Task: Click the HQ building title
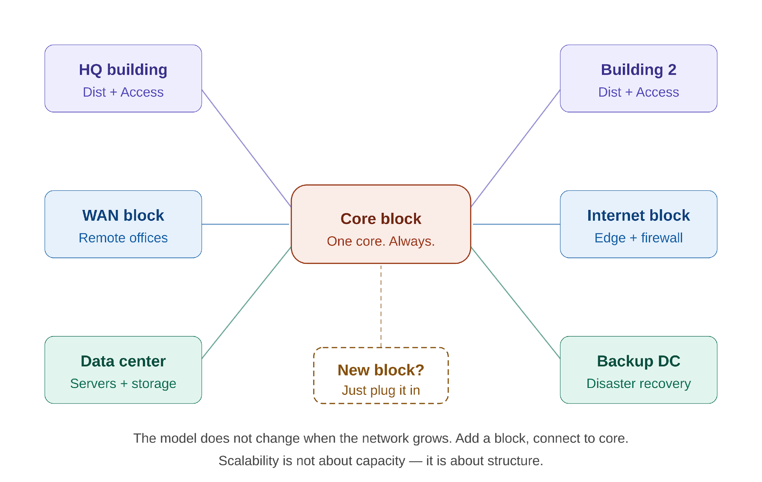(123, 70)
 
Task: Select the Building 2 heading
(638, 70)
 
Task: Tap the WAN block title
(123, 216)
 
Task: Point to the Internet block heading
(638, 216)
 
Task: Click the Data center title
(123, 361)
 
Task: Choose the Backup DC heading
(638, 361)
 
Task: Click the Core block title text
(381, 219)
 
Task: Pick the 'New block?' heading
(381, 370)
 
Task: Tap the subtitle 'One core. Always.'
(381, 241)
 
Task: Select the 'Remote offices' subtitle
(123, 238)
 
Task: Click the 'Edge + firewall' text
(638, 238)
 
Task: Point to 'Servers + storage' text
(123, 384)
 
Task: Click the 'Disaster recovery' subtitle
(638, 383)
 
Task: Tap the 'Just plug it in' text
(381, 390)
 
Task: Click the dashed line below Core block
(381, 306)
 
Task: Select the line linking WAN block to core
(246, 224)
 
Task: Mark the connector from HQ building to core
(246, 148)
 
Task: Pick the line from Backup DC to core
(516, 303)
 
